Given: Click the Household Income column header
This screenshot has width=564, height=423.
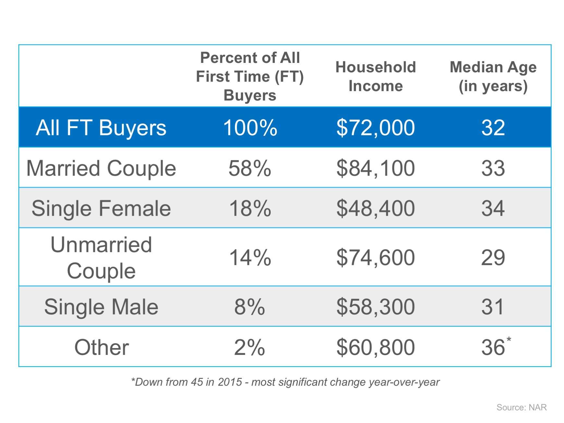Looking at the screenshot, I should coord(375,77).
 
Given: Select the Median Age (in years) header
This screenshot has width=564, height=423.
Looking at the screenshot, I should coord(493,77).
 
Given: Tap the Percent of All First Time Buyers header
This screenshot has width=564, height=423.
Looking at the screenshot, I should coord(250,77).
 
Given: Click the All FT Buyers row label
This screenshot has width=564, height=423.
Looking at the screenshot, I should coord(101,127).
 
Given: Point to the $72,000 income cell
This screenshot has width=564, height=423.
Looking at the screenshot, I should coord(375,127).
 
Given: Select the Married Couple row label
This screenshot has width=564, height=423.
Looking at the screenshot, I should coord(101,168).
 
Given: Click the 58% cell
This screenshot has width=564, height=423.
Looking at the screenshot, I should coord(250,168).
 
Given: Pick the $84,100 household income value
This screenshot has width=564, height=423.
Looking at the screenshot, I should coord(375,168).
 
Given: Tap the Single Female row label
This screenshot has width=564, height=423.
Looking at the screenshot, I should coord(101,208).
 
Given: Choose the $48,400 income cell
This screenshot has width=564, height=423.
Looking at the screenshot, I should coord(375,208).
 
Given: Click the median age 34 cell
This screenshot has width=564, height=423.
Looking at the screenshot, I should coord(493,208).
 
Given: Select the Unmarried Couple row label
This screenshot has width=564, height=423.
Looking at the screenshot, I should coord(101,258).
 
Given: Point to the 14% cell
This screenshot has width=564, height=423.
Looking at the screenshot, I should coord(250,258).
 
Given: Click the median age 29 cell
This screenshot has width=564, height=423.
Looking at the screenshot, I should coord(493,258).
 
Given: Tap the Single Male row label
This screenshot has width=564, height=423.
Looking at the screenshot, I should coord(101,307).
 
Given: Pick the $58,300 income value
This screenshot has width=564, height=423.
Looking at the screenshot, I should coord(375,307).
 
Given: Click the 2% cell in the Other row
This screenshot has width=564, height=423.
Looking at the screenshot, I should coord(250,347).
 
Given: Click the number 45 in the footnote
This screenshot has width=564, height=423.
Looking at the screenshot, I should coord(197,382).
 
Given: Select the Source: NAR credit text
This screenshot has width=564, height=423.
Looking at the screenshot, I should coord(521,407).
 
